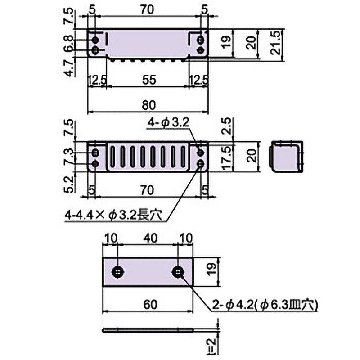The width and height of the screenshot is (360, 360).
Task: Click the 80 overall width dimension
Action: [x=149, y=105]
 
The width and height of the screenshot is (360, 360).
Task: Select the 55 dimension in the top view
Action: [x=149, y=80]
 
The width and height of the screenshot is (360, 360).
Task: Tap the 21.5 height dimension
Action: [x=276, y=43]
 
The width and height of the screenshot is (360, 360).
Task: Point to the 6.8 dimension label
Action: [x=69, y=43]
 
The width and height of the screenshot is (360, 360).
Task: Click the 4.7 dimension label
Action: [x=69, y=67]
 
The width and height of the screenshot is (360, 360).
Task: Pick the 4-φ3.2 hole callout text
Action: [x=168, y=122]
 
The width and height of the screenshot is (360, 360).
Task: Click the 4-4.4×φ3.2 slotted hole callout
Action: [x=113, y=216]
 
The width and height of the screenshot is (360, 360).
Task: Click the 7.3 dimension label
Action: [x=69, y=157]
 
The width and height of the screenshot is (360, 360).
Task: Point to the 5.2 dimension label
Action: [x=69, y=184]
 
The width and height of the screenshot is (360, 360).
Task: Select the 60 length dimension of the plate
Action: [x=150, y=305]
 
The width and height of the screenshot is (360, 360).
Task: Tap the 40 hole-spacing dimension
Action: [x=151, y=238]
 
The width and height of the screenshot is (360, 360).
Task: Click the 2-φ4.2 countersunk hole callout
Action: [x=265, y=305]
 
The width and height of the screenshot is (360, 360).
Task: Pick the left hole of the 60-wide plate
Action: [x=118, y=272]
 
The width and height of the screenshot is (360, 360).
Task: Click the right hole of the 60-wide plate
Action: [x=178, y=272]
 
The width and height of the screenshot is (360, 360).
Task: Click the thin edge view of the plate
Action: [x=148, y=331]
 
